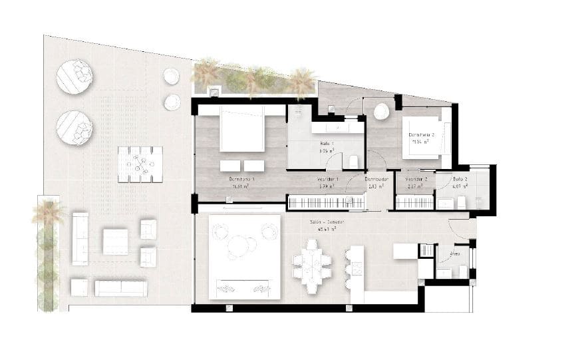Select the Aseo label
(456, 254)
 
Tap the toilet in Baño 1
(354, 161)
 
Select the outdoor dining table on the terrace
(140, 164)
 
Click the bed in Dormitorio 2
(428, 141)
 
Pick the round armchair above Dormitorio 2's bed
(381, 112)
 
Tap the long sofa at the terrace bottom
(120, 287)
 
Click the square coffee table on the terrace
(115, 241)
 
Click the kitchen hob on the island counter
(356, 268)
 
